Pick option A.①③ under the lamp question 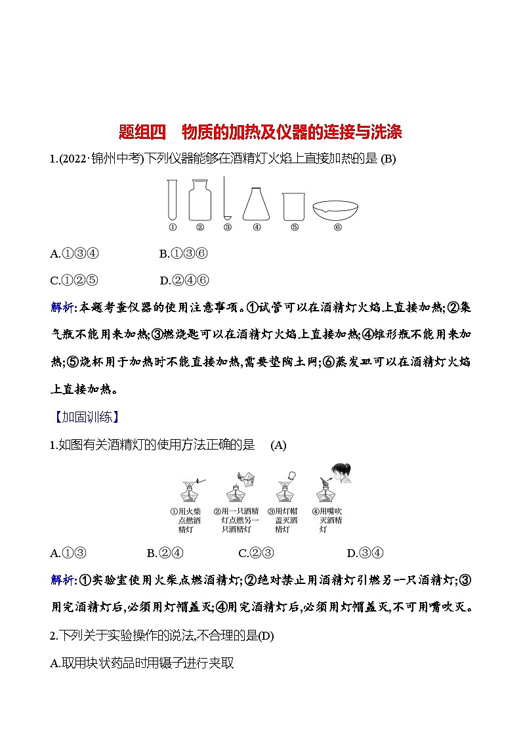[69, 553]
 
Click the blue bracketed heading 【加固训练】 [85, 417]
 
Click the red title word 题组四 [142, 132]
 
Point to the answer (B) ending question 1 [388, 159]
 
